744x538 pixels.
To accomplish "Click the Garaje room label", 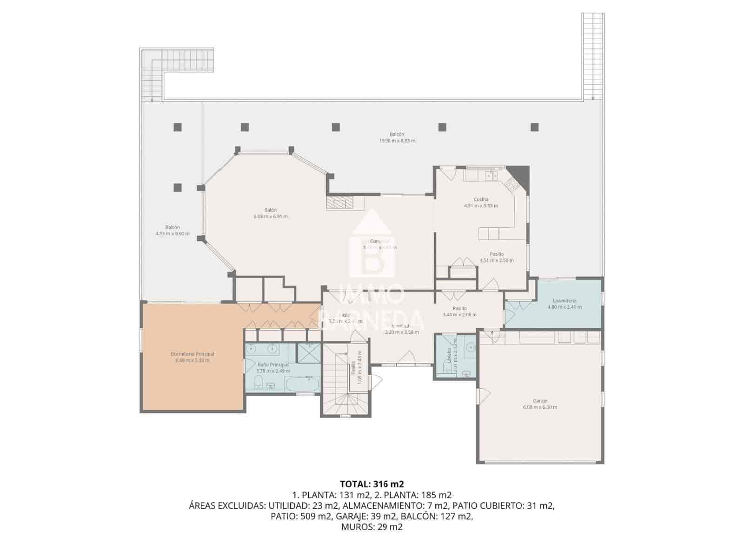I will (x=540, y=400).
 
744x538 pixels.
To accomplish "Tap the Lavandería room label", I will (x=565, y=300).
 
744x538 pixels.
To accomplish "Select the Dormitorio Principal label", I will (x=192, y=354).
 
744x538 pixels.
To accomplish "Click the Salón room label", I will (x=271, y=210).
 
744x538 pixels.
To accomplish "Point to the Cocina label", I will (x=481, y=199).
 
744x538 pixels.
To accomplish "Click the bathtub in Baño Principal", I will (x=301, y=385).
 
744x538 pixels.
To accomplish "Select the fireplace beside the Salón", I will (x=339, y=203).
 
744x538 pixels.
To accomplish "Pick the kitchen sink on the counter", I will (x=491, y=175).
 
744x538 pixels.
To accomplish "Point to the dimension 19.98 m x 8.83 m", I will (x=397, y=140).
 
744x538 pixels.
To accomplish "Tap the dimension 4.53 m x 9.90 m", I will (x=173, y=234).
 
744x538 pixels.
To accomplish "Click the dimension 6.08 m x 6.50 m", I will (x=540, y=407).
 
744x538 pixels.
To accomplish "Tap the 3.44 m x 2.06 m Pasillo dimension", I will (x=459, y=315).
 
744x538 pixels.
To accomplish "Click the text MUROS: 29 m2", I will (x=372, y=527).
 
